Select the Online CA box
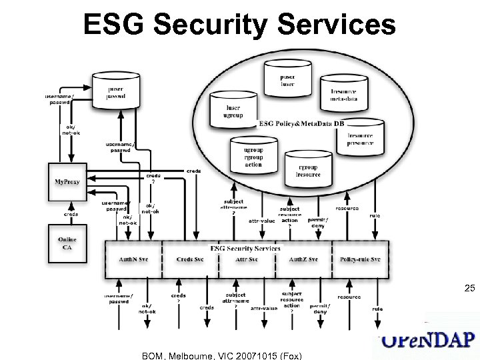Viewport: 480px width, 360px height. (67, 244)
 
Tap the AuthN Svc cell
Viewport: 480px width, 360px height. (133, 259)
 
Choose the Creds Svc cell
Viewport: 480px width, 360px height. (190, 259)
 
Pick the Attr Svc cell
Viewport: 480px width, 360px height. (247, 259)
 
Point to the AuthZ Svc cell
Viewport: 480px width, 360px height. (303, 259)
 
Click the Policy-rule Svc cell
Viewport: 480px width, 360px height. (360, 259)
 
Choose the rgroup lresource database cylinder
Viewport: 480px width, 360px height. (307, 170)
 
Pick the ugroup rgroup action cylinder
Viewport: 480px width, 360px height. (253, 157)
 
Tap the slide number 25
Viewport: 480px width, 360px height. (469, 289)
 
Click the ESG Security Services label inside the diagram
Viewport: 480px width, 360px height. (245, 248)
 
